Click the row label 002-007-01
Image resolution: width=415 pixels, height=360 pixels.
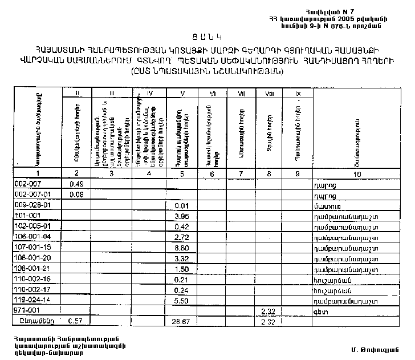[31, 195]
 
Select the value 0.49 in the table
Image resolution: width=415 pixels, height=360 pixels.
[76, 184]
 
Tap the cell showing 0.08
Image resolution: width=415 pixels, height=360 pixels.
[76, 195]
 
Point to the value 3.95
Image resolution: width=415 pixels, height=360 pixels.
[181, 216]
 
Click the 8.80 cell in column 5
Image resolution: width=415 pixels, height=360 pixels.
[181, 248]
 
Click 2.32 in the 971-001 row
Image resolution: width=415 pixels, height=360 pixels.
[267, 311]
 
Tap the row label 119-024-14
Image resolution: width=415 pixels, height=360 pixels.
[31, 300]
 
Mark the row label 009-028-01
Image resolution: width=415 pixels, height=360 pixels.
[31, 205]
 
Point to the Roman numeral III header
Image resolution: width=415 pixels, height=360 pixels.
[112, 92]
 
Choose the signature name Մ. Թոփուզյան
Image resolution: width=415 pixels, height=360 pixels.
[373, 348]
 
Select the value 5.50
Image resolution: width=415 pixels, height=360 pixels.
[181, 300]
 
